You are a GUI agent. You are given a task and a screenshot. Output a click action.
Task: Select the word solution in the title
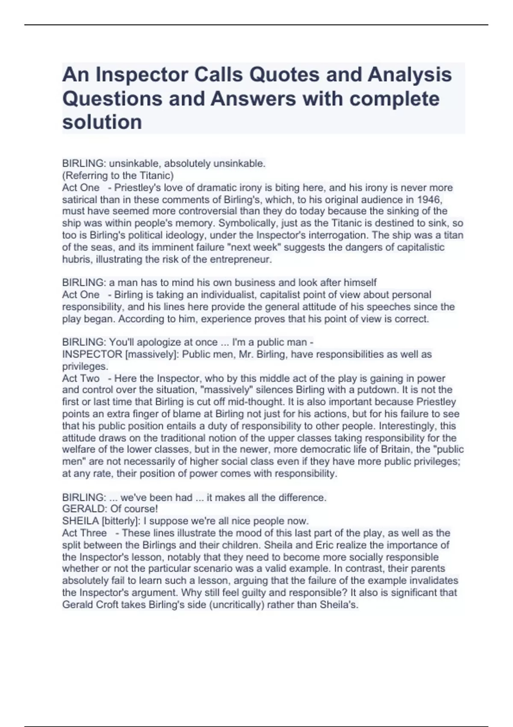pos(102,122)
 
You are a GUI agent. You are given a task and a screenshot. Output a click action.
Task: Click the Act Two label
pos(81,378)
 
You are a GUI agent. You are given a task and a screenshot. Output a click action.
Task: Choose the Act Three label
pos(84,533)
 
